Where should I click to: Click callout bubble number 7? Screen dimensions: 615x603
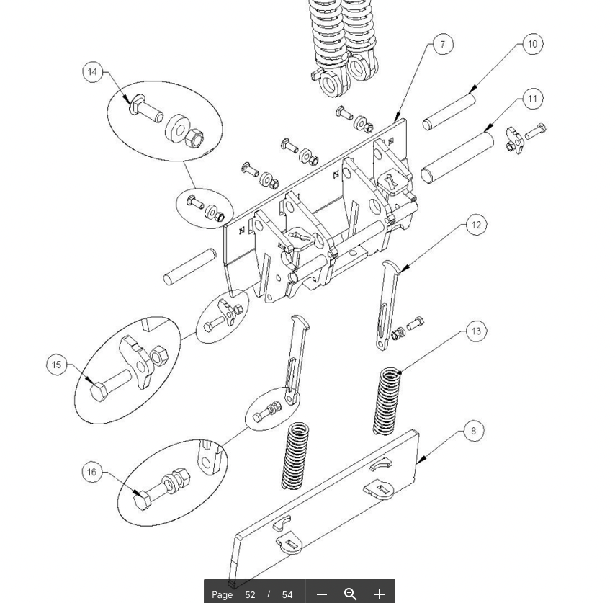[x=443, y=45]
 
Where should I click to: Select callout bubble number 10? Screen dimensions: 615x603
[x=533, y=44]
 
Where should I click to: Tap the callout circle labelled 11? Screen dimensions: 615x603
[x=533, y=99]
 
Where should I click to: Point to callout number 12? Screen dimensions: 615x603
[x=476, y=225]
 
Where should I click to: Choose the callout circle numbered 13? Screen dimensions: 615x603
[x=476, y=331]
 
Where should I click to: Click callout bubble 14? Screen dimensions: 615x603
[x=93, y=72]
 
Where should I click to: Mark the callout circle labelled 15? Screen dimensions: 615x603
[x=56, y=365]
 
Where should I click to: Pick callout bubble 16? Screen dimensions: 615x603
[x=92, y=472]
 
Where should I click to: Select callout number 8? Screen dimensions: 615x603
[x=473, y=431]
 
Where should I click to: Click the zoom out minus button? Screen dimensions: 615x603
[x=322, y=594]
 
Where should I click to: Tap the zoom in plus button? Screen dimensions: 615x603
[x=379, y=594]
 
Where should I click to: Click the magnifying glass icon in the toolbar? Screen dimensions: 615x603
[x=350, y=594]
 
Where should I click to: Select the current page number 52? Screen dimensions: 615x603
[x=250, y=595]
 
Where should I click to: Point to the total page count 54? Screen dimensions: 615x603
[x=287, y=595]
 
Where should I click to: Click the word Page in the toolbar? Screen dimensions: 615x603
[x=222, y=595]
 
